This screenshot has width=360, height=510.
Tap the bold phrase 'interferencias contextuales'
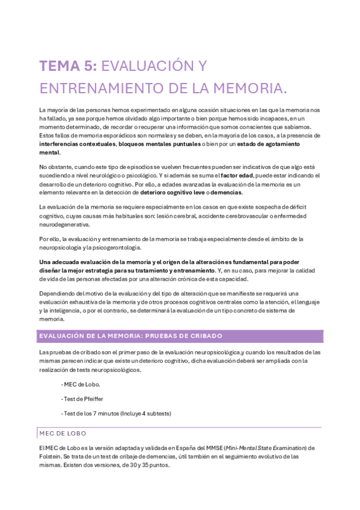pyautogui.click(x=77, y=145)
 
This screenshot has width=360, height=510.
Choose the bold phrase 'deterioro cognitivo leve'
pyautogui.click(x=176, y=192)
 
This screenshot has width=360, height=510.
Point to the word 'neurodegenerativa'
pyautogui.click(x=64, y=224)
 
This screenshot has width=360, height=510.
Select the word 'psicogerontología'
pyautogui.click(x=124, y=248)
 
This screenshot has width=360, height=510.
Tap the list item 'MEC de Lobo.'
pyautogui.click(x=81, y=384)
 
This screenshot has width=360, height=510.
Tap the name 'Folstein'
pyautogui.click(x=50, y=457)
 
